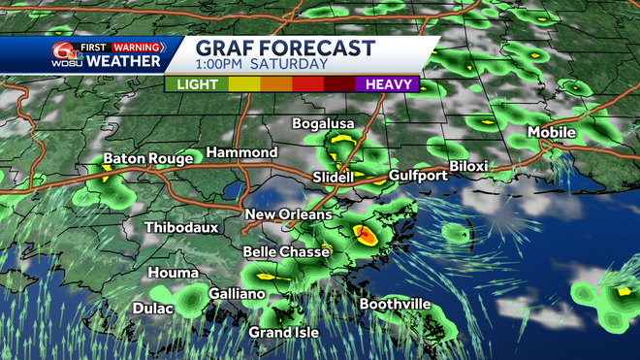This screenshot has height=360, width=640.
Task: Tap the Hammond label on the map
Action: [x=242, y=153]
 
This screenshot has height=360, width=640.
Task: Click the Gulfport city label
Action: [x=418, y=176]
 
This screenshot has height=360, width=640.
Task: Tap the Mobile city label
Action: [x=552, y=133]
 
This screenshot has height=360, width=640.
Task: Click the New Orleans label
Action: [x=288, y=214]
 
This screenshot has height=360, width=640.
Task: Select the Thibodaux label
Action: [x=181, y=228]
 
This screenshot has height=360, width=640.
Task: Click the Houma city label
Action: [x=173, y=274]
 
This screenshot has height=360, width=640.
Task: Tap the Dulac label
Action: [x=153, y=309]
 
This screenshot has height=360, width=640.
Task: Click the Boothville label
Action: [x=395, y=305]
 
